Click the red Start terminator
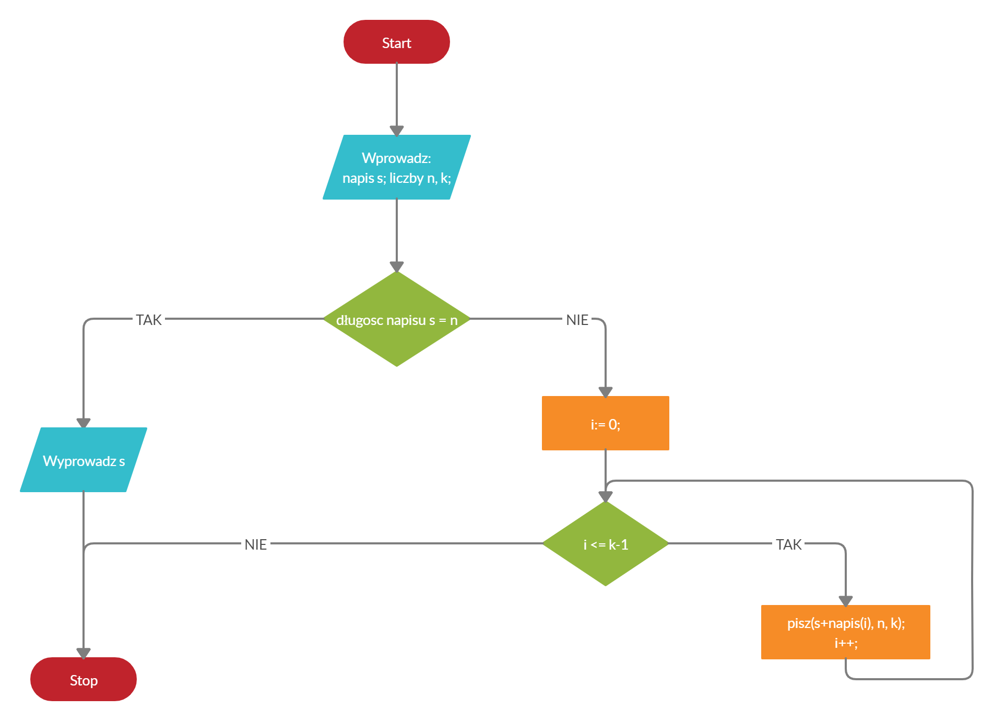pos(397,42)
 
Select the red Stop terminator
pos(84,679)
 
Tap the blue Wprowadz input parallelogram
pos(397,167)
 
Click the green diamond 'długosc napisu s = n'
pos(397,319)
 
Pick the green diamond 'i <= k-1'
pos(606,543)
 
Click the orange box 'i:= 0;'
pos(606,423)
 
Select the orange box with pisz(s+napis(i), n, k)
pos(846,632)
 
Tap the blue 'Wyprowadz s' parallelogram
pos(84,460)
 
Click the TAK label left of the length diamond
pos(149,320)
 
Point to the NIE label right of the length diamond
pos(577,320)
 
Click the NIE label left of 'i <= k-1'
pos(256,544)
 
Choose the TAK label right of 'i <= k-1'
pos(788,544)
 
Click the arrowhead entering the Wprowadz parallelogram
pos(397,131)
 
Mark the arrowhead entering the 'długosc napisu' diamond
pos(397,266)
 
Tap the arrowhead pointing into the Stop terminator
pos(84,653)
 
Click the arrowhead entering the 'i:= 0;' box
pos(606,392)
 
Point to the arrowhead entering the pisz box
pos(846,601)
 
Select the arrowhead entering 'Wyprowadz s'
pos(84,423)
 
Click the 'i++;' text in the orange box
pos(846,643)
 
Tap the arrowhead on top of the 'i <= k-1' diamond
pos(606,496)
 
